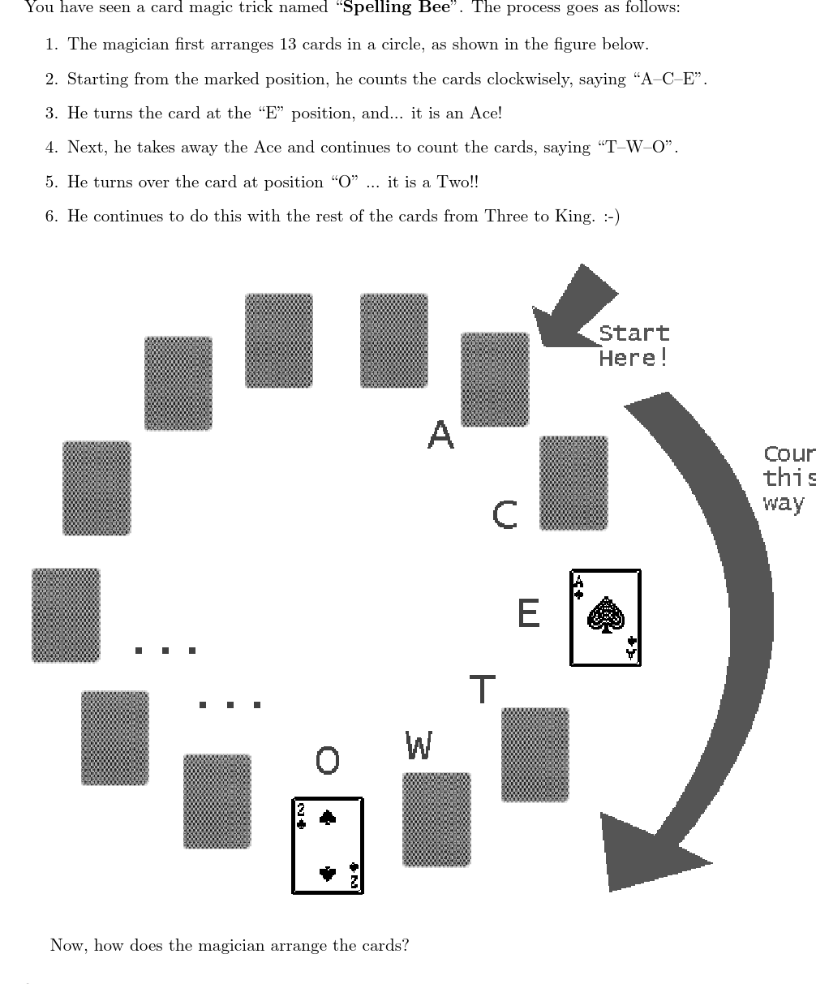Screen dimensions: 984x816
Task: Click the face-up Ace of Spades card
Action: point(605,617)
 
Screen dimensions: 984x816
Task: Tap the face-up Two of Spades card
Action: point(327,845)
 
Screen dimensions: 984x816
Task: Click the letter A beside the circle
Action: point(440,435)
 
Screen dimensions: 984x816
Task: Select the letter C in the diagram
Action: point(505,514)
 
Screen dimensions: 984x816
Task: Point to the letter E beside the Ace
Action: point(528,612)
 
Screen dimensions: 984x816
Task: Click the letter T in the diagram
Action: point(483,689)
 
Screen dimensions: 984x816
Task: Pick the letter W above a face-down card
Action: point(419,746)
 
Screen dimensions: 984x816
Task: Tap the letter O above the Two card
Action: point(327,760)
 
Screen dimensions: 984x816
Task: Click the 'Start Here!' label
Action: point(634,346)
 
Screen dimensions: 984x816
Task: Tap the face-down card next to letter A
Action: point(495,379)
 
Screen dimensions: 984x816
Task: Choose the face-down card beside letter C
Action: point(573,483)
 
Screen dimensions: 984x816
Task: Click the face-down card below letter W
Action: point(436,819)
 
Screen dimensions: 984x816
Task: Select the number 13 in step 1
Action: point(288,44)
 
